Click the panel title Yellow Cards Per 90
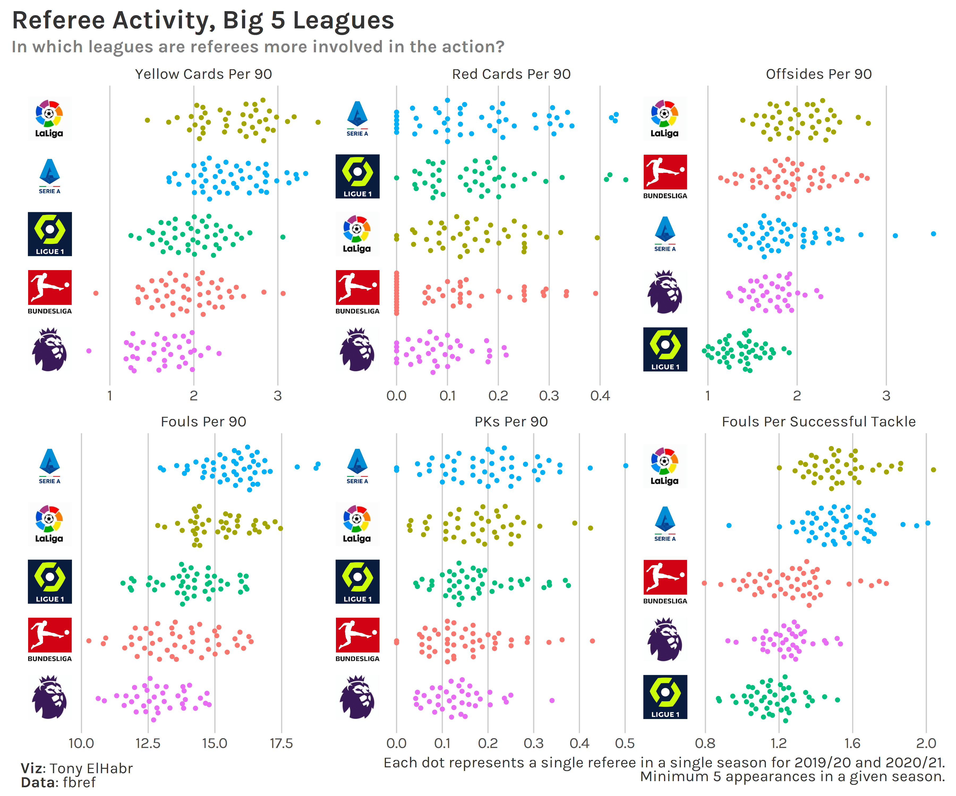[x=203, y=74]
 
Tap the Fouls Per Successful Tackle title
[x=818, y=422]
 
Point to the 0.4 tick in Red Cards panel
[x=600, y=396]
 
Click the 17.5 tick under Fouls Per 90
[x=281, y=743]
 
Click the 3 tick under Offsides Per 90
[x=886, y=396]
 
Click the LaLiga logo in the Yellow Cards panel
[x=49, y=119]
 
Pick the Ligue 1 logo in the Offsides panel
[x=665, y=349]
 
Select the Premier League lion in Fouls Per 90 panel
[x=49, y=697]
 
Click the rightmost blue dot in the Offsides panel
[x=933, y=234]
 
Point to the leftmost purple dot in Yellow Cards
[x=89, y=351]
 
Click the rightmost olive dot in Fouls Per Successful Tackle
[x=933, y=469]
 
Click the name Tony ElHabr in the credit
[x=91, y=768]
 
